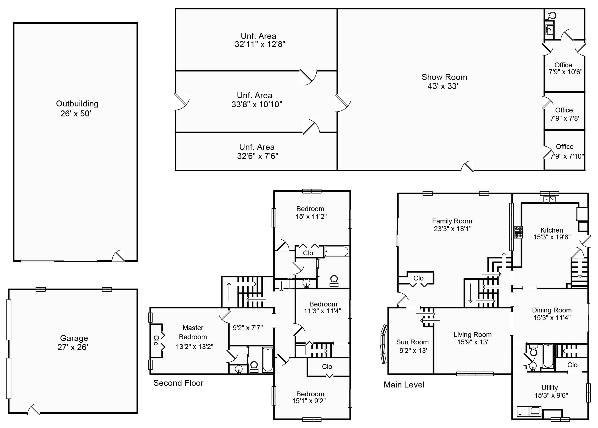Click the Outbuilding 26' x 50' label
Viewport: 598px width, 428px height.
(77, 108)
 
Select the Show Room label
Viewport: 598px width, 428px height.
(444, 77)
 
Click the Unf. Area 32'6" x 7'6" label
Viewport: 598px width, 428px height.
(257, 152)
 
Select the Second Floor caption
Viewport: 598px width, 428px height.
(178, 383)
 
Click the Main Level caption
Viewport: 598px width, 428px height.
(404, 385)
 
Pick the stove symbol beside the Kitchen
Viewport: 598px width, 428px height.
(518, 232)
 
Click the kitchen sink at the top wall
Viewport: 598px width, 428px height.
(549, 199)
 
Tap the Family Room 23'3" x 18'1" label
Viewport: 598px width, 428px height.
(452, 225)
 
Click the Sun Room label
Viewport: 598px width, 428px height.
(412, 342)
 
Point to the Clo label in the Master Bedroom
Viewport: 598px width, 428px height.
(156, 340)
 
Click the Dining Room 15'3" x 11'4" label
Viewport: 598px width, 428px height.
(551, 314)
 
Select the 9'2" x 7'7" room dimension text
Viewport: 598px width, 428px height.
(247, 328)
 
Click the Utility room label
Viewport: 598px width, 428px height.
(549, 387)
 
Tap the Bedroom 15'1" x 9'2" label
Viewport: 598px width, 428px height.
(310, 397)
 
